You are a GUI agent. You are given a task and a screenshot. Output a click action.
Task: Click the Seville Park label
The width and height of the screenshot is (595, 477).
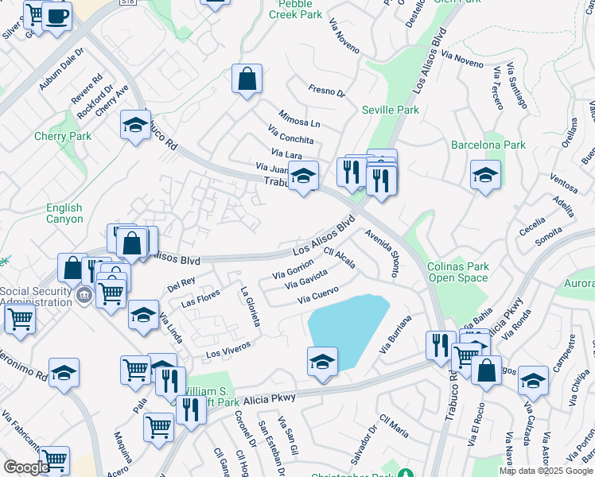(x=390, y=110)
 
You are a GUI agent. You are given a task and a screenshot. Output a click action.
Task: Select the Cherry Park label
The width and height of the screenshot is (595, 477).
(x=63, y=136)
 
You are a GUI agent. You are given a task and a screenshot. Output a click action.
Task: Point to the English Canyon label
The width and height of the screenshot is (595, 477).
(x=64, y=213)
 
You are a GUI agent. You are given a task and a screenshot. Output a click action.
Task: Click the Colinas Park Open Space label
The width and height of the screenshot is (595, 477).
(x=458, y=272)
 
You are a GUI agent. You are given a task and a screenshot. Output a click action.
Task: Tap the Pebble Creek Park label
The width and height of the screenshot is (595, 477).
(x=295, y=9)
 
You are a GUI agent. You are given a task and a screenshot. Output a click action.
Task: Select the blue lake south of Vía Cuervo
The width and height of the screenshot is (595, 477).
(x=347, y=327)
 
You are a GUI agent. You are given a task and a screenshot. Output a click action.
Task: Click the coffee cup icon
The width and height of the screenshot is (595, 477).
(x=56, y=17)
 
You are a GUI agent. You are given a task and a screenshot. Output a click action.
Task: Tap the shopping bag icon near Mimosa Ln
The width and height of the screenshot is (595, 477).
(x=247, y=79)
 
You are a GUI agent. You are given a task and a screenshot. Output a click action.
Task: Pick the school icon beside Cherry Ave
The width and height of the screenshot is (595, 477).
(x=135, y=125)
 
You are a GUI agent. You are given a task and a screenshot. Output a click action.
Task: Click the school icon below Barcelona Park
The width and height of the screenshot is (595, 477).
(x=484, y=175)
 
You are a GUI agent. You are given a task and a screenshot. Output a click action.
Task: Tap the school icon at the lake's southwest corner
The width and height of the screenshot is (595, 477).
(x=322, y=361)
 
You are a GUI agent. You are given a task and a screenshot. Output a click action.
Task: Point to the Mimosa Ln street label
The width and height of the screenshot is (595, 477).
(x=299, y=118)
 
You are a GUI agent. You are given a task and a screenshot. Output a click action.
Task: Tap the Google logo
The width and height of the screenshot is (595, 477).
(x=26, y=467)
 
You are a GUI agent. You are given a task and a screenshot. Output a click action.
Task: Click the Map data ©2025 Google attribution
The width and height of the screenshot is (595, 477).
(x=546, y=471)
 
